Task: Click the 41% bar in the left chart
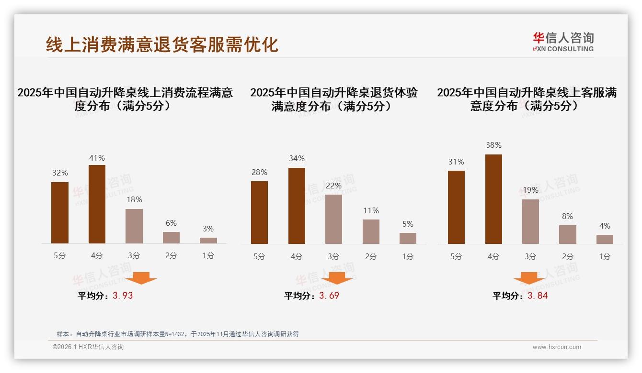(x=97, y=204)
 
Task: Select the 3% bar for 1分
(x=208, y=240)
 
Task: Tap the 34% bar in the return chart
(x=297, y=206)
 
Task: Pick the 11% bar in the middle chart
(x=371, y=231)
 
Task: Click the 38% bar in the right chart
(x=493, y=199)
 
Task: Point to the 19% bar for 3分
(x=530, y=221)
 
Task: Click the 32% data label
(x=60, y=173)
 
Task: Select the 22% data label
(x=333, y=186)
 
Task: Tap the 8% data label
(x=567, y=216)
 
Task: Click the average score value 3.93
(x=123, y=296)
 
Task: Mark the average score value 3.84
(x=538, y=296)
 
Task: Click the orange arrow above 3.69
(x=337, y=278)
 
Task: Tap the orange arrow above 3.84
(x=529, y=278)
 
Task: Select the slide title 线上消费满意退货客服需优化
(x=162, y=44)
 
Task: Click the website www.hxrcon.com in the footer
(x=557, y=347)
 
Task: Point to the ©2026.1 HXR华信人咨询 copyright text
(x=88, y=347)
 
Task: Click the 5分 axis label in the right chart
(x=456, y=256)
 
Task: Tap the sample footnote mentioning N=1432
(x=178, y=334)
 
